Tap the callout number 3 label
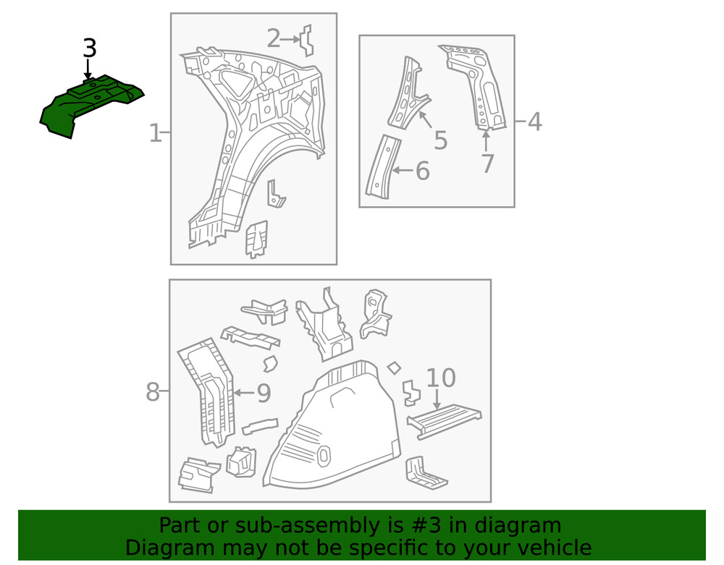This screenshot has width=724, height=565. pyautogui.click(x=88, y=48)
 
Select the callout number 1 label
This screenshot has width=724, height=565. pyautogui.click(x=155, y=133)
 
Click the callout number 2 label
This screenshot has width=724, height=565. pyautogui.click(x=273, y=38)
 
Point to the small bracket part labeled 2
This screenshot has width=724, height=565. pyautogui.click(x=307, y=41)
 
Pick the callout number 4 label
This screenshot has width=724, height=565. pyautogui.click(x=534, y=122)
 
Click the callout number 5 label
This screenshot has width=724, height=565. pyautogui.click(x=440, y=140)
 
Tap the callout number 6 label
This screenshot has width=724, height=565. pyautogui.click(x=422, y=171)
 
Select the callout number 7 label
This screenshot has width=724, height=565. pyautogui.click(x=487, y=164)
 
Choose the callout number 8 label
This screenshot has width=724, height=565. pyautogui.click(x=152, y=392)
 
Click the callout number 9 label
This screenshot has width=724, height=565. pyautogui.click(x=264, y=394)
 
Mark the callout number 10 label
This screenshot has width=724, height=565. pyautogui.click(x=440, y=378)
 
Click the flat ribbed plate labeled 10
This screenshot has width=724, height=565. pyautogui.click(x=443, y=420)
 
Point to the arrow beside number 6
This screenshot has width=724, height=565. pyautogui.click(x=402, y=171)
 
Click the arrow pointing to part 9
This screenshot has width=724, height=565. pyautogui.click(x=243, y=394)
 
